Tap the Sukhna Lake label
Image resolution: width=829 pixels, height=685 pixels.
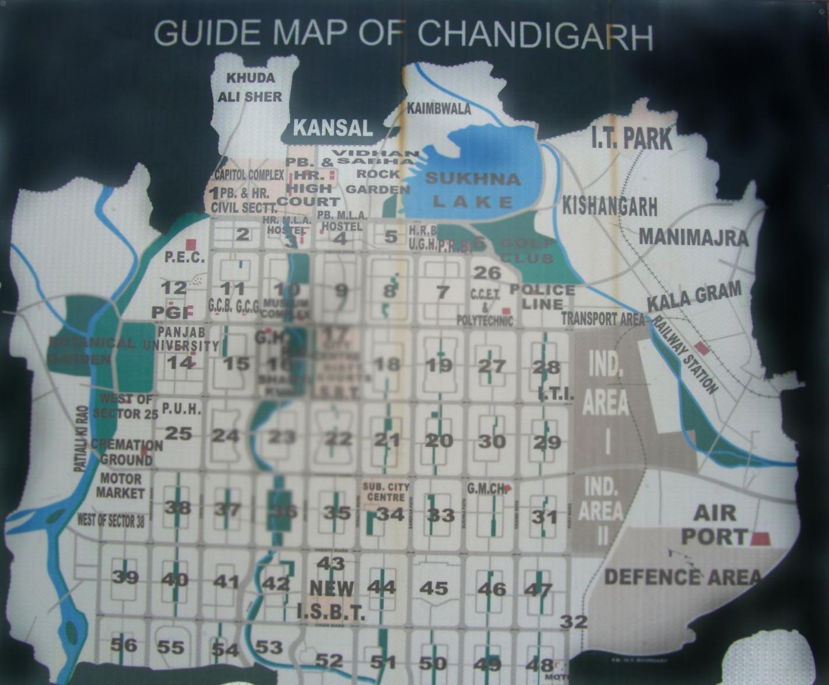pos(472,190)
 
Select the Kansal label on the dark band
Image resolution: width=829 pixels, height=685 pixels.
pos(333,128)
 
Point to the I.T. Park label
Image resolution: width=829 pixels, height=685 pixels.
pos(631,139)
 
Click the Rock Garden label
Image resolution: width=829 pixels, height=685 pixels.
pos(378,181)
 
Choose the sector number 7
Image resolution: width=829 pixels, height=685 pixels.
pos(442,291)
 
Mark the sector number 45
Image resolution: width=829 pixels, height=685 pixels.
pos(434,588)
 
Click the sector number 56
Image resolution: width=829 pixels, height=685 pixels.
pos(124,645)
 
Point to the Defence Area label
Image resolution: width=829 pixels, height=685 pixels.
pos(683,577)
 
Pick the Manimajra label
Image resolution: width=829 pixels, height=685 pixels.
pos(694,237)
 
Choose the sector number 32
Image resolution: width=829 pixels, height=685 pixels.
pos(574,622)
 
